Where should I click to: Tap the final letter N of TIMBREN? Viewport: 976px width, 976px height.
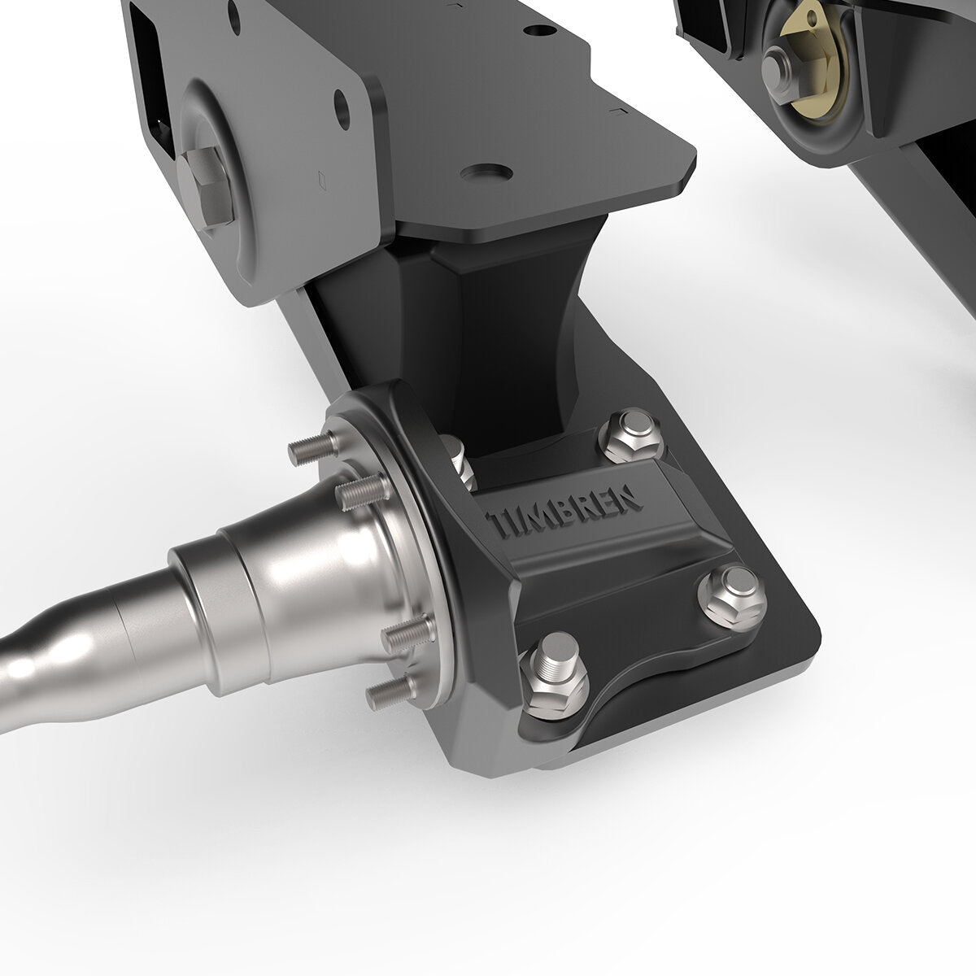click(631, 496)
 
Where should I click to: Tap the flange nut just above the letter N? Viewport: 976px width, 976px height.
click(629, 442)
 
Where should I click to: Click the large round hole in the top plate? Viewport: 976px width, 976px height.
click(486, 173)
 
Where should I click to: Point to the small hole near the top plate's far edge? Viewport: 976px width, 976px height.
click(537, 30)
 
